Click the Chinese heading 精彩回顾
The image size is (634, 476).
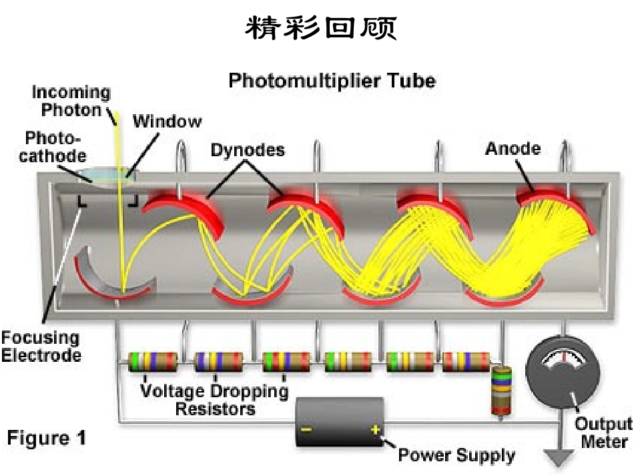point(320,27)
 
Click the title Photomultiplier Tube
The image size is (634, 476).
point(332,81)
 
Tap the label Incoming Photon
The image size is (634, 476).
point(71,101)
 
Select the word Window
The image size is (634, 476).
point(167,121)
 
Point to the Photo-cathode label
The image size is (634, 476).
point(53,147)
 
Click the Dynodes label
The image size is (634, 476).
point(248,150)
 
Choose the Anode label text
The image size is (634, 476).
point(513,149)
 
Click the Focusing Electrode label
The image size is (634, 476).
point(41,346)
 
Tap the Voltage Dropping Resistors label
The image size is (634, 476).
point(214,400)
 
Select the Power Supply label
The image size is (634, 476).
point(456,455)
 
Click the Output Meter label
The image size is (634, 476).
point(604,433)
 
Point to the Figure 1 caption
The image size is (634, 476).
point(47,438)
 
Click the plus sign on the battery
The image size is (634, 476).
point(376,429)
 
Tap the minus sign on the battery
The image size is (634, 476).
point(306,429)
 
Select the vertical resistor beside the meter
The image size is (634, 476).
point(501,391)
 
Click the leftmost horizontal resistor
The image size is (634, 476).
point(152,362)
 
